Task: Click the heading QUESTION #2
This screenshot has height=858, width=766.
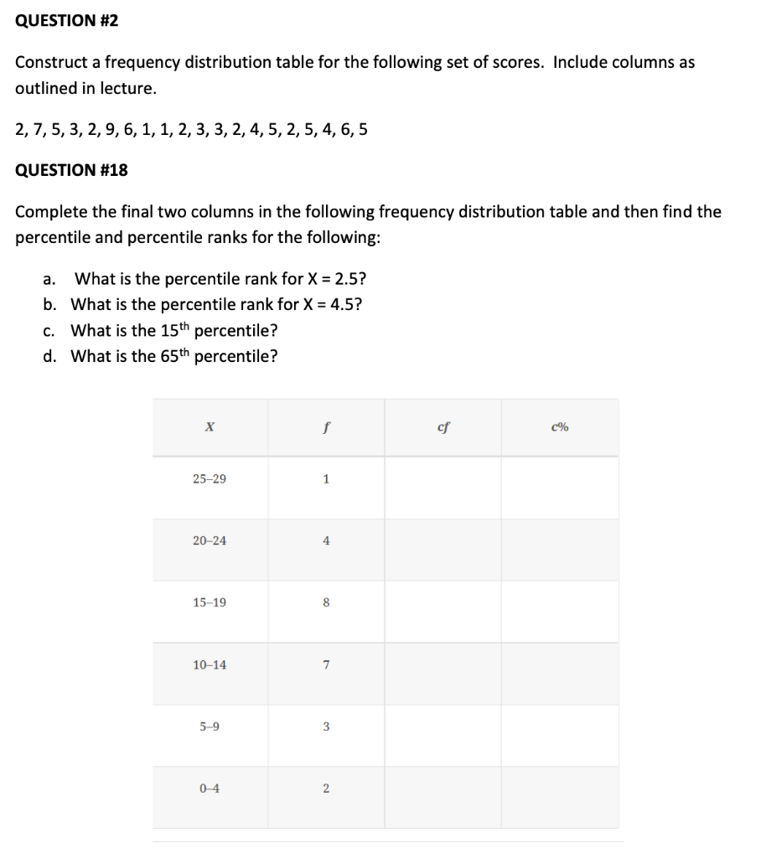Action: click(67, 21)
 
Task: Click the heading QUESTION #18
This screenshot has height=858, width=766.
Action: click(72, 170)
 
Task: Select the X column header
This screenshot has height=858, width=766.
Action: click(209, 427)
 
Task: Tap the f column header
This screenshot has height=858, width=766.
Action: click(326, 427)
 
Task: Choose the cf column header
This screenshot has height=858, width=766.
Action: click(443, 427)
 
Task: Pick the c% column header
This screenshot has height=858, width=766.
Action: click(560, 427)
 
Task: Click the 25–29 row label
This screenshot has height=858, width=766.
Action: click(209, 479)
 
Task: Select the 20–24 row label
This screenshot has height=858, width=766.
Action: click(209, 541)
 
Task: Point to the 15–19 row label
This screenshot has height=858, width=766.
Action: click(209, 602)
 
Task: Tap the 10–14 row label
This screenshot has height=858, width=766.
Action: click(209, 665)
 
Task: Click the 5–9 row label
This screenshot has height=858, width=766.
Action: click(209, 727)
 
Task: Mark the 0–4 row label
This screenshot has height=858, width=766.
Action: click(209, 788)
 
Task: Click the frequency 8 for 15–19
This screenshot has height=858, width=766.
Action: click(326, 602)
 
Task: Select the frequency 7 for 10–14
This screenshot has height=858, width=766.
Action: click(326, 665)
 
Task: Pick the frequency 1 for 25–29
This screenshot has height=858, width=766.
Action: click(326, 479)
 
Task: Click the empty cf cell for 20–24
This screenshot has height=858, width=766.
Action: click(443, 541)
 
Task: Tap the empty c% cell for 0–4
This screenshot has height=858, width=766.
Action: click(560, 788)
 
